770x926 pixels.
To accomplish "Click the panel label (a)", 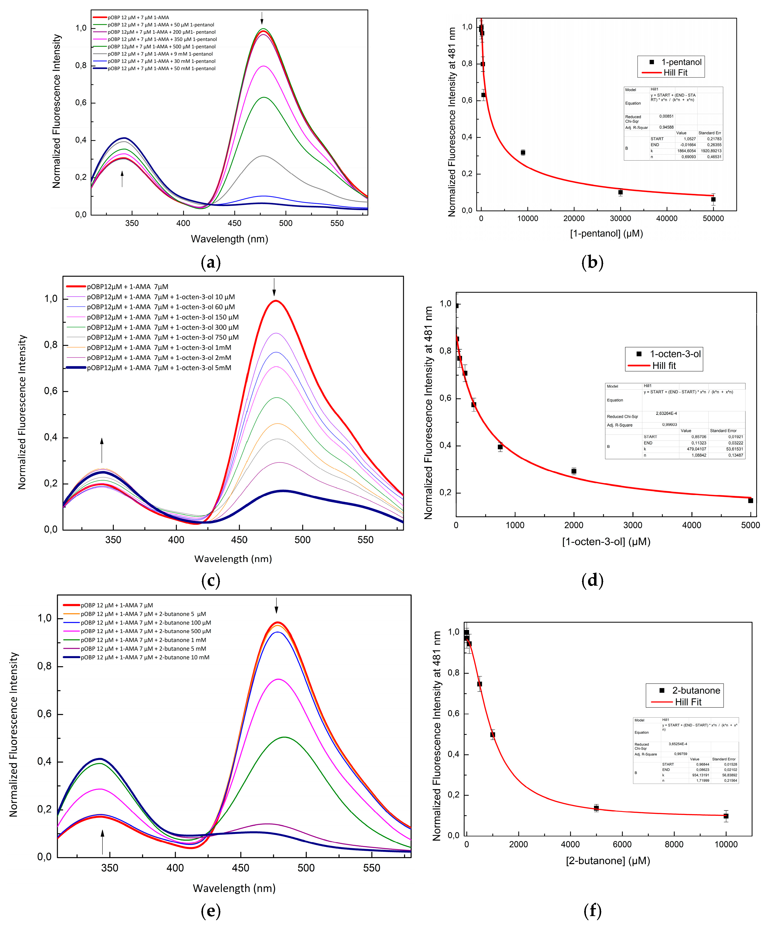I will [x=210, y=263].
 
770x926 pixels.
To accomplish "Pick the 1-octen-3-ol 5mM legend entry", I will [x=159, y=368].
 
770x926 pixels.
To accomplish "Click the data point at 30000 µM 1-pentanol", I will [x=620, y=192].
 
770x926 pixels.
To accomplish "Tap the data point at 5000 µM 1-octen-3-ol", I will [x=750, y=501].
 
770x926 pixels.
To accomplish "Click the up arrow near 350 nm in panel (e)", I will [x=102, y=842].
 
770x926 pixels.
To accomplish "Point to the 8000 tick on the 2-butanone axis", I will [x=674, y=845].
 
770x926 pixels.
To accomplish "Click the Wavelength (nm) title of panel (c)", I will [x=233, y=559].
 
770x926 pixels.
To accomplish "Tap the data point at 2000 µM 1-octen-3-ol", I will [x=574, y=471].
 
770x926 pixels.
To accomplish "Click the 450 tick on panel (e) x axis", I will [x=240, y=868].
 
